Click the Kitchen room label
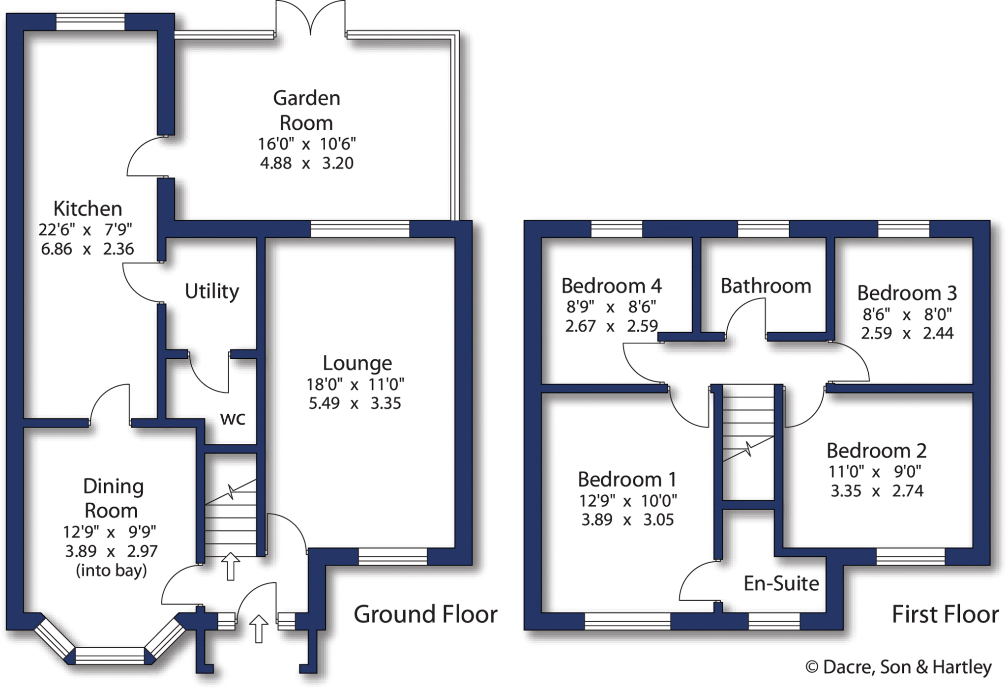point(88,209)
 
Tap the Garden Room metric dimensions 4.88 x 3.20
point(306,163)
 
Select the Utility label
point(211,291)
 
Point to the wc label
point(233,419)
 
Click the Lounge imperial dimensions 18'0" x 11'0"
point(355,384)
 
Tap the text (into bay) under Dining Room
point(111,571)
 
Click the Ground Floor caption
point(425,614)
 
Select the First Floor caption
point(945,614)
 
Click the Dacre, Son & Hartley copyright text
point(898,667)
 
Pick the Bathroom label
point(766,286)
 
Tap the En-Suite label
point(781,583)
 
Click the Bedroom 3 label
point(907,293)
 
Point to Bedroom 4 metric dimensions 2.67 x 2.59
point(611,326)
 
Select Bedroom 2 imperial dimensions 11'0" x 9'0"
point(875,472)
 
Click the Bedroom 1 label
point(627,479)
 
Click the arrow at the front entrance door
point(259,628)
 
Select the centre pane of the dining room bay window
point(110,656)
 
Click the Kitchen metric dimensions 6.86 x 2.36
point(87,249)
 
